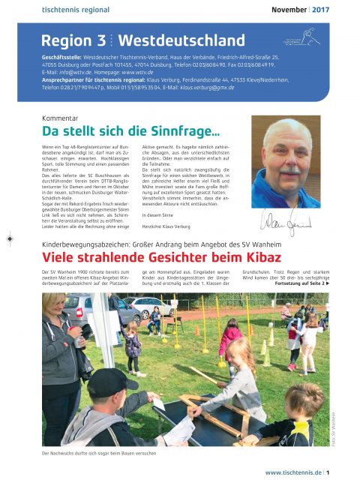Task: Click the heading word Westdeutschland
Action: [182, 40]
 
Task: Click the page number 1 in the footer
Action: [328, 472]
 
